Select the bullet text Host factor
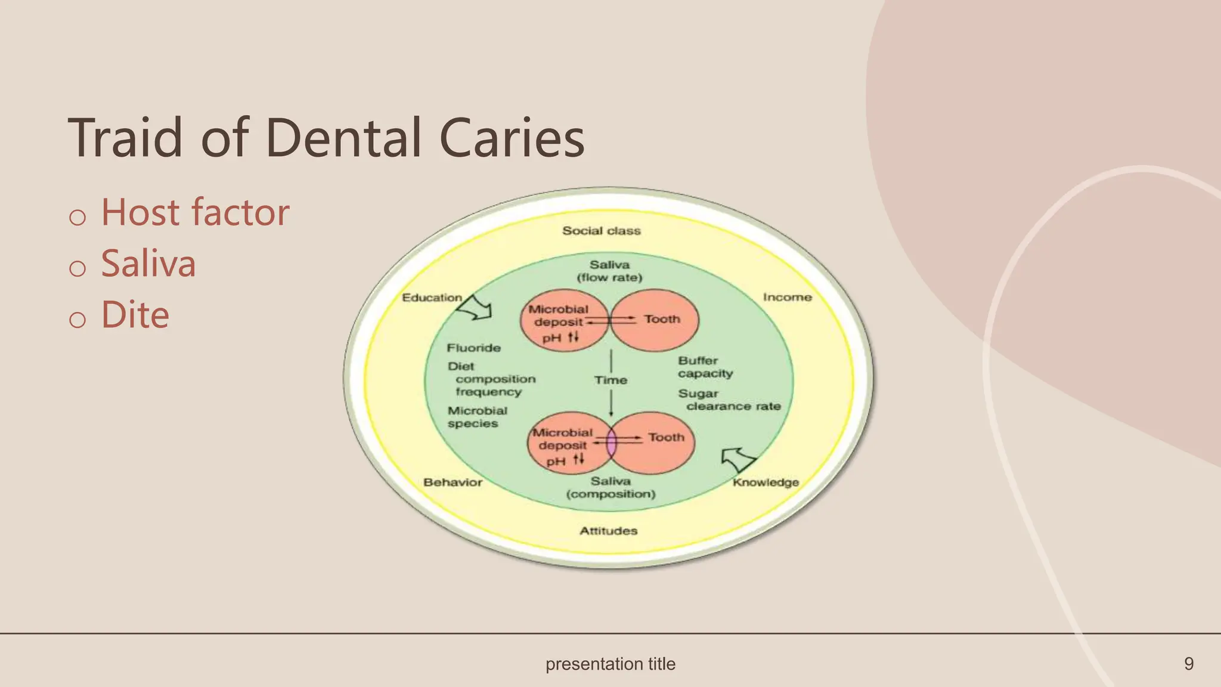tap(195, 212)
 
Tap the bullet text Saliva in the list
tap(148, 264)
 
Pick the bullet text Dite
tap(135, 315)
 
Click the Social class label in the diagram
tap(601, 231)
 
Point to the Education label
tap(432, 298)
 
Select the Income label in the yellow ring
tap(787, 297)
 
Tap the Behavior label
tap(453, 482)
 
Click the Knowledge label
tap(766, 482)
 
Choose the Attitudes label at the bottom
tap(608, 531)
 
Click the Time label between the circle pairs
tap(610, 380)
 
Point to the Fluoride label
tap(474, 348)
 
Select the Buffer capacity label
tap(705, 367)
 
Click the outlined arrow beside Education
tap(478, 308)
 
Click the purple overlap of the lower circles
tap(611, 443)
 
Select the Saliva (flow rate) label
tap(609, 271)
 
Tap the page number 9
tap(1188, 664)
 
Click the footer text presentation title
tap(610, 664)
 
